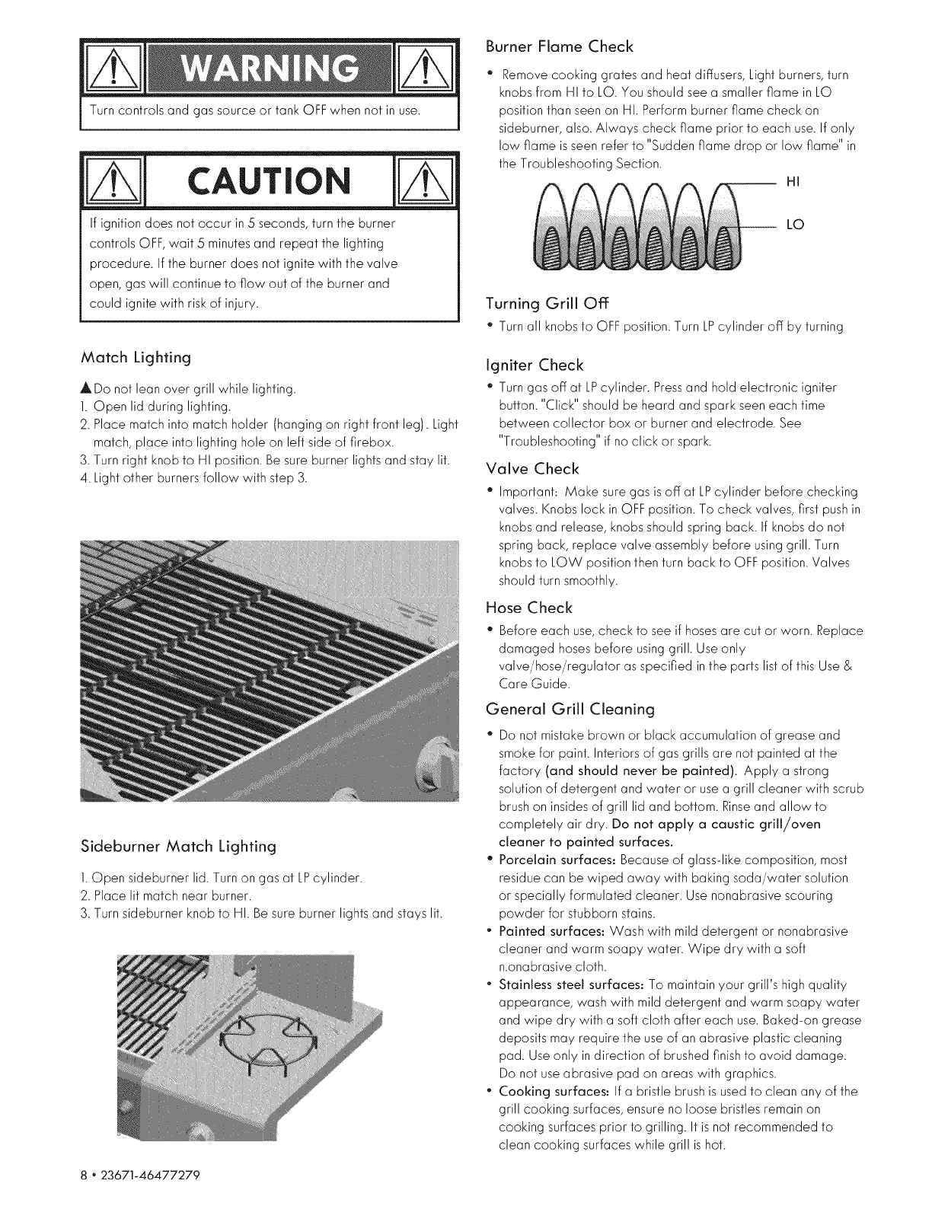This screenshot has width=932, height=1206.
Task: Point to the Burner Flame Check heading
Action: pos(560,47)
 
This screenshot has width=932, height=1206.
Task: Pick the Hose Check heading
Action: pos(529,607)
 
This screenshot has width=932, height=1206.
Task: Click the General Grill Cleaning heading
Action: pos(570,710)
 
